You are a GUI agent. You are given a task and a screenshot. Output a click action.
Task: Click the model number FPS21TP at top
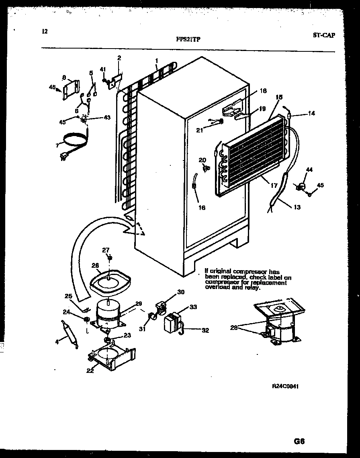point(188,39)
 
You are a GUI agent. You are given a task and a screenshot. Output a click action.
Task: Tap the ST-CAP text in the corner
point(323,35)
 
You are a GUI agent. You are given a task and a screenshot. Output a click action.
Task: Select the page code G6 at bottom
point(298,441)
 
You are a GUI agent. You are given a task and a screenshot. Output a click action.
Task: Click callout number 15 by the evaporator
point(279,97)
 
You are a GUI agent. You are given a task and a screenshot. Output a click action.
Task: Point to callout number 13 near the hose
point(297,207)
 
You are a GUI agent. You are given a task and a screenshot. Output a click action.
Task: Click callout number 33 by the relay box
point(193,307)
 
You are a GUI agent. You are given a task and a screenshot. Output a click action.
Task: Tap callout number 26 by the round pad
point(95,265)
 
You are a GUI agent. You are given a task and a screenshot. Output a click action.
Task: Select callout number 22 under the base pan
point(90,371)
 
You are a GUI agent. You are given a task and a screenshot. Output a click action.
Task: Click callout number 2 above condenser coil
point(119,58)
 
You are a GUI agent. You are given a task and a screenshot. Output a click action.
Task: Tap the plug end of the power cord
point(63,157)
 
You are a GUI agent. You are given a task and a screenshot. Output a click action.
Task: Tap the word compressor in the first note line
point(247,272)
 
